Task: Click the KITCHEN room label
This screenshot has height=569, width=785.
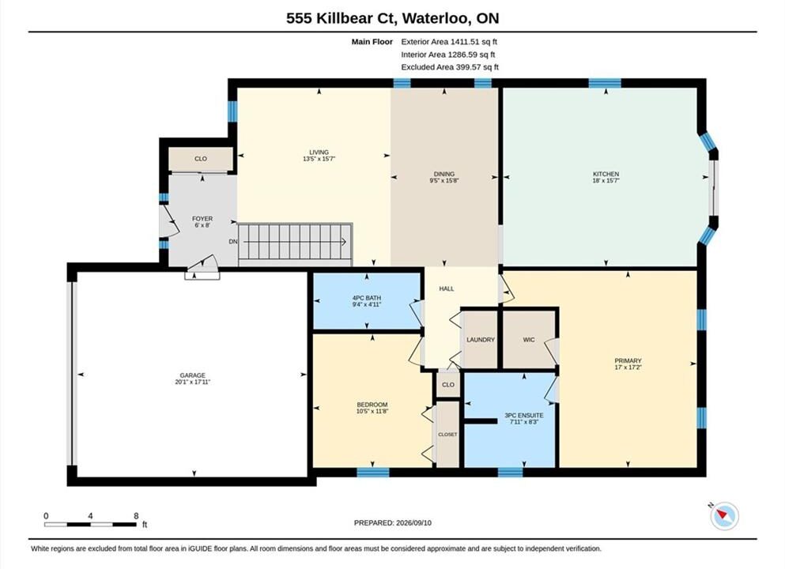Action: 606,174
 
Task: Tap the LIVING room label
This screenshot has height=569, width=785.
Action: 319,153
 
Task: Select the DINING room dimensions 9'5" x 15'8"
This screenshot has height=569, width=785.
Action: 444,180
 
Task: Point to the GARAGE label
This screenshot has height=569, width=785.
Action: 193,375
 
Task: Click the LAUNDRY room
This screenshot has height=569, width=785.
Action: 480,339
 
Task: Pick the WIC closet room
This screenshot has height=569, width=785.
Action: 529,339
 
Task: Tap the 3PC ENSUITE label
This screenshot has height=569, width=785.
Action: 523,416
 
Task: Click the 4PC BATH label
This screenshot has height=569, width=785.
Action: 367,298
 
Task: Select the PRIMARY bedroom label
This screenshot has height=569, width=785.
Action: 628,360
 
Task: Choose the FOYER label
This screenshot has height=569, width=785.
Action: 202,219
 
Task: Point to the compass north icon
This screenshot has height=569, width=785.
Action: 723,515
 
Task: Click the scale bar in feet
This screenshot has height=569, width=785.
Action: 90,525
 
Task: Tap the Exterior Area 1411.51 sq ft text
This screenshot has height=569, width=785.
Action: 449,42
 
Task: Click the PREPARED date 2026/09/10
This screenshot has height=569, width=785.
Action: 413,522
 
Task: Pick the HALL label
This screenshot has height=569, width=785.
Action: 447,288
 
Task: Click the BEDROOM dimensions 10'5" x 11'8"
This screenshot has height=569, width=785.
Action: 372,412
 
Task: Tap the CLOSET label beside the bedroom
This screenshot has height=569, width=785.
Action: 447,435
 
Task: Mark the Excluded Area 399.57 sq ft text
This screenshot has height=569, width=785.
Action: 450,67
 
